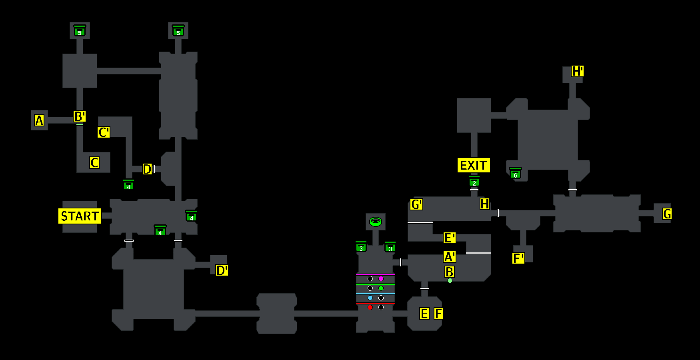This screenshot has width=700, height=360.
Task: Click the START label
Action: pos(80,216)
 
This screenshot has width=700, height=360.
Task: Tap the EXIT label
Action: pos(474,165)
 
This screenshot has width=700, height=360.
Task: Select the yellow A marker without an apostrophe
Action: pos(39,120)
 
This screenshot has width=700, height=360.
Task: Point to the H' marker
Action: pos(577,71)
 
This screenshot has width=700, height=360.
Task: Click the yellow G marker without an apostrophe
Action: pos(667,214)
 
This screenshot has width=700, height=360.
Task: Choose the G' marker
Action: pos(416,204)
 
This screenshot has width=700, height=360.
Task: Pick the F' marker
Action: pos(518,258)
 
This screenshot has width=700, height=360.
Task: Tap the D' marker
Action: pos(222,270)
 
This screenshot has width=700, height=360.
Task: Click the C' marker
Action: pos(104,132)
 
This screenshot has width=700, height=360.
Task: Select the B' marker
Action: pos(80,116)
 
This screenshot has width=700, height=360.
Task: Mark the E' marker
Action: pos(450,238)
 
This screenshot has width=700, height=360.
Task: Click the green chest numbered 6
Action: pos(515,174)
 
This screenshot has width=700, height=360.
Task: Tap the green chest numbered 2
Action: pos(474,182)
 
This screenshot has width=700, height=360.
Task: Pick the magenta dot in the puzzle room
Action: pos(381,278)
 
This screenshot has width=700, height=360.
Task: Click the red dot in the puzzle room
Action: pos(370,307)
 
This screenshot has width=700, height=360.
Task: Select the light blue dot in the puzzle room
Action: pos(370,298)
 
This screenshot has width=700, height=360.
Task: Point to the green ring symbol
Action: pos(376,221)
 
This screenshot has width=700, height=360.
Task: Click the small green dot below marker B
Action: pos(450,281)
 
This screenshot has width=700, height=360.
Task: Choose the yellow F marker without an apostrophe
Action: pos(439,314)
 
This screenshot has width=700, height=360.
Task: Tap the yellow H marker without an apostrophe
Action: pos(484,204)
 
